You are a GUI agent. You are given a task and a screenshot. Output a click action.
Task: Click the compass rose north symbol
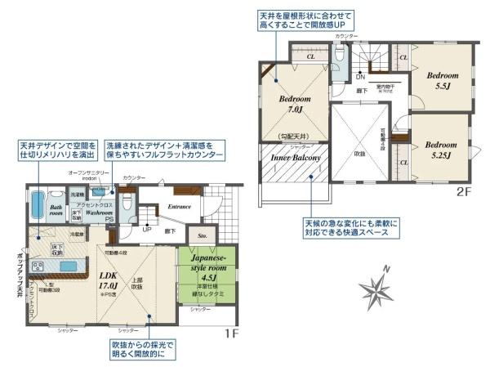point(378,288)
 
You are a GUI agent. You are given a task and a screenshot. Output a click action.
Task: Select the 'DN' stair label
point(360,77)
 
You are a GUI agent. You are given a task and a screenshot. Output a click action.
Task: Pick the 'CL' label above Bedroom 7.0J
point(311,58)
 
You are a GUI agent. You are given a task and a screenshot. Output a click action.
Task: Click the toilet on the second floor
point(341,55)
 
